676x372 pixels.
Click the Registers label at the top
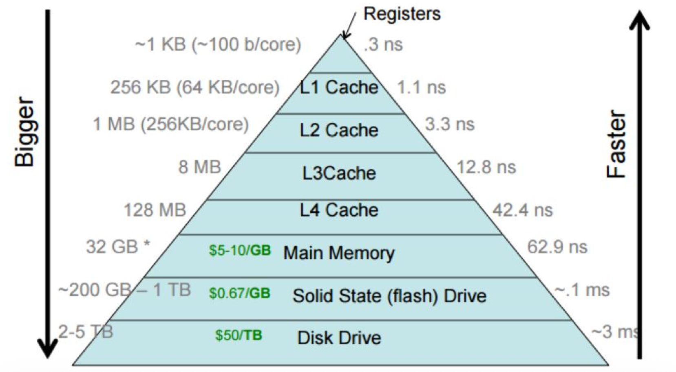click(x=402, y=14)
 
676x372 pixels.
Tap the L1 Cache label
click(x=339, y=87)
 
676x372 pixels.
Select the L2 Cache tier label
click(x=339, y=130)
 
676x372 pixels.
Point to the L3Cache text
click(x=339, y=173)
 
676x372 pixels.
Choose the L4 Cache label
click(x=339, y=210)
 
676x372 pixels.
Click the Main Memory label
click(x=339, y=253)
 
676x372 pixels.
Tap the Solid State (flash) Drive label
click(x=389, y=296)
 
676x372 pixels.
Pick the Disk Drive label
click(x=339, y=338)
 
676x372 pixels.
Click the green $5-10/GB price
click(x=240, y=250)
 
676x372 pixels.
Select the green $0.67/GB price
click(x=240, y=293)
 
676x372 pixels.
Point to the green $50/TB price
click(x=239, y=335)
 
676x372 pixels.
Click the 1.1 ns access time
click(x=421, y=88)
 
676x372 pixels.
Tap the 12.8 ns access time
click(x=486, y=167)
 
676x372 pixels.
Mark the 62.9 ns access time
click(x=557, y=247)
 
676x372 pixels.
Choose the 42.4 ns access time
click(x=522, y=210)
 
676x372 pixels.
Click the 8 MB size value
click(x=199, y=167)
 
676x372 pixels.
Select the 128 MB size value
click(x=155, y=210)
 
